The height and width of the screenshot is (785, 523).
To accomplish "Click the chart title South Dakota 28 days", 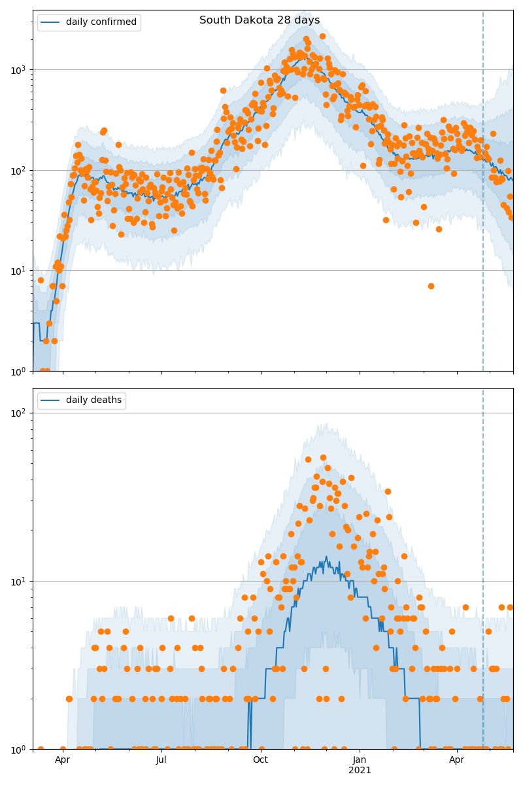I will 260,20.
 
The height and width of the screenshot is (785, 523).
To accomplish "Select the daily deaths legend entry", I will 93,400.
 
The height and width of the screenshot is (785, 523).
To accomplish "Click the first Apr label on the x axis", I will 63,760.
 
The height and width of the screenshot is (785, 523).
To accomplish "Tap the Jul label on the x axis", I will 161,760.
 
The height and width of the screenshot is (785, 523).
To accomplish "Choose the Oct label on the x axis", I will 260,760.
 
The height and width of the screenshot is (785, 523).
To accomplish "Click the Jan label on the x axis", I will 360,760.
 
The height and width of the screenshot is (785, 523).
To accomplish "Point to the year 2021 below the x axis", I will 360,771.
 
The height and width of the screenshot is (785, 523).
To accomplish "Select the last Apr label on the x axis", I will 456,760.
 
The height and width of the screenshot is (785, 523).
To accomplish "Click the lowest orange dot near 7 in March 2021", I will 431,286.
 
